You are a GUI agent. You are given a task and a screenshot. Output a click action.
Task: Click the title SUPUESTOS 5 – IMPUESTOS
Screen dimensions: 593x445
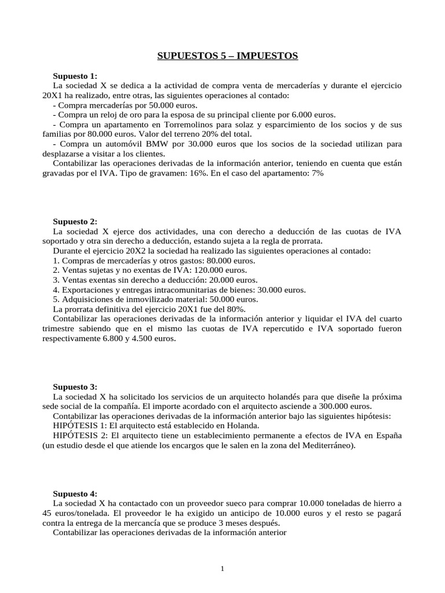coord(228,56)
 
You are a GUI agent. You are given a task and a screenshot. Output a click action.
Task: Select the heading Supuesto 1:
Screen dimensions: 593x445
coord(75,76)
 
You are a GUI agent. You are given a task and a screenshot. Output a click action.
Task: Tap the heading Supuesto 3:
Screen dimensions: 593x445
coord(75,387)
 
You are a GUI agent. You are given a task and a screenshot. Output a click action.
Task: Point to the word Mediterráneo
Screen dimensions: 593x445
coord(326,445)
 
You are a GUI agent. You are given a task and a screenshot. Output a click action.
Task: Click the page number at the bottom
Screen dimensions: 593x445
coord(222,568)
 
